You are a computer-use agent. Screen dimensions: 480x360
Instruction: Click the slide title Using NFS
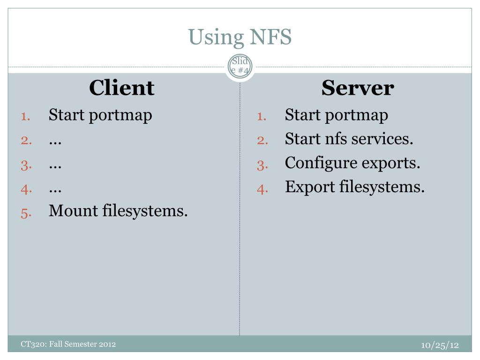click(240, 37)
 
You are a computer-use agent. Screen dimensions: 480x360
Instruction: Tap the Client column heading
click(121, 88)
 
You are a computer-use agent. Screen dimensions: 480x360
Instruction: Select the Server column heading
click(357, 88)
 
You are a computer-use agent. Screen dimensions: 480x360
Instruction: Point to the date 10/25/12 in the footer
click(439, 345)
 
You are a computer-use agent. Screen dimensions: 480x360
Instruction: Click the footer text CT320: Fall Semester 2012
click(68, 345)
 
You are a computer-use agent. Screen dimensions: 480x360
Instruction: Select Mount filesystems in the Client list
click(118, 211)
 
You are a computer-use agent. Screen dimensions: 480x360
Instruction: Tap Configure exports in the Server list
click(352, 164)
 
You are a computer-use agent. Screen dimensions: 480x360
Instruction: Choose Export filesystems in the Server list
click(355, 187)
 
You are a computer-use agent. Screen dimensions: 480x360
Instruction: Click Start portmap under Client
click(100, 115)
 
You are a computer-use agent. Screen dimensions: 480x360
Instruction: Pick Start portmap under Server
click(337, 115)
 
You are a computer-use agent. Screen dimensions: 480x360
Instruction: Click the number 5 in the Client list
click(25, 213)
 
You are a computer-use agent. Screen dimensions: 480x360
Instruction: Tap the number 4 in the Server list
click(262, 189)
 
